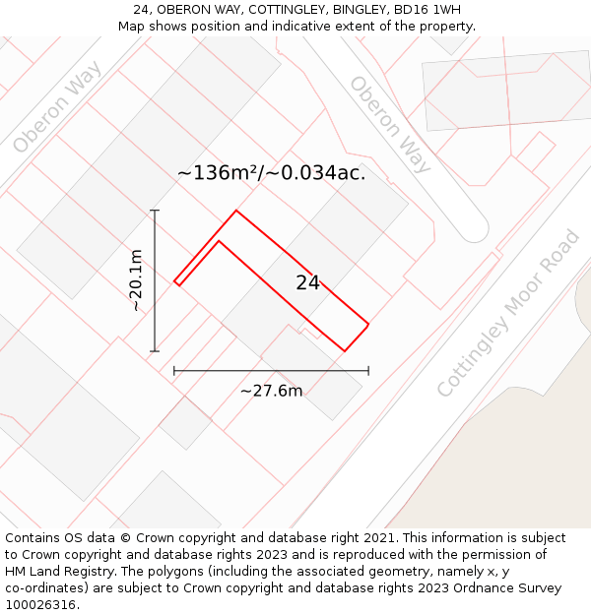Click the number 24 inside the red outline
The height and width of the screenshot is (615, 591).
tap(307, 282)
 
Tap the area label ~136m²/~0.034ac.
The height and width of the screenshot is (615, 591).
tap(271, 173)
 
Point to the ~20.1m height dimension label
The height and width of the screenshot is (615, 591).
tap(136, 280)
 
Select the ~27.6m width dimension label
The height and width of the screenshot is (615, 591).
tap(271, 391)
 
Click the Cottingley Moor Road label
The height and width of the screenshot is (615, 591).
tap(509, 314)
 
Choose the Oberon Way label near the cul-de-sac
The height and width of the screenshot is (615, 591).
tap(390, 124)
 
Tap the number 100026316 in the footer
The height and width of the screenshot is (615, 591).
tap(38, 605)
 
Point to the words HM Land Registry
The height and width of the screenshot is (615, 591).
tap(58, 572)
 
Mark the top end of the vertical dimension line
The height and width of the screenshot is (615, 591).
tap(155, 211)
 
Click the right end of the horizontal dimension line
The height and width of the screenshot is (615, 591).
tap(368, 371)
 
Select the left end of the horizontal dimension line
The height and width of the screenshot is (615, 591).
tap(174, 371)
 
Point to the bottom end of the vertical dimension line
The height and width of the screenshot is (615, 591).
tap(155, 350)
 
